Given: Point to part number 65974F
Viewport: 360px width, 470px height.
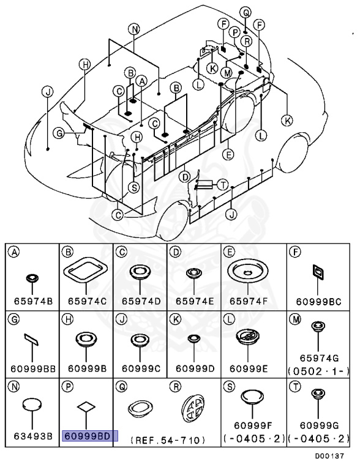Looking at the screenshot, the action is click(x=248, y=301).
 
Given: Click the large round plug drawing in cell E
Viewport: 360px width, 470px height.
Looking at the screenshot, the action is click(x=248, y=271).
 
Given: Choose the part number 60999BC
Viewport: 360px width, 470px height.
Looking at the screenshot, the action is click(x=318, y=302).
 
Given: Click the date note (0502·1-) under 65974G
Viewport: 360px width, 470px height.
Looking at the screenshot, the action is click(x=318, y=371).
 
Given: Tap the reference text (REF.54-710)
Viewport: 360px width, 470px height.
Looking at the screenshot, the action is click(x=168, y=440).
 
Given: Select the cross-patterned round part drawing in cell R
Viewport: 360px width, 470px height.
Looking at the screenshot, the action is click(x=193, y=408).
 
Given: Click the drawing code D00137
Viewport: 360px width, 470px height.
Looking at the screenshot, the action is click(x=329, y=456).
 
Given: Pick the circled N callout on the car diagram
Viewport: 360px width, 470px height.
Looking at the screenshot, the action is click(x=134, y=29).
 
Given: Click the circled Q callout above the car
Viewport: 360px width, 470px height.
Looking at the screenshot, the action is click(x=246, y=13).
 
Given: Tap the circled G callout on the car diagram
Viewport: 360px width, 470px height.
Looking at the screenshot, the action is click(x=59, y=133).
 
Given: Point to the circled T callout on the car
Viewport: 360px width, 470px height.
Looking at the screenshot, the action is click(x=223, y=185).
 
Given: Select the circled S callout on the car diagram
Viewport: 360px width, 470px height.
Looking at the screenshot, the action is click(x=134, y=188).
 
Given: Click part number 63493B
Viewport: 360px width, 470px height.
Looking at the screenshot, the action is click(x=32, y=436).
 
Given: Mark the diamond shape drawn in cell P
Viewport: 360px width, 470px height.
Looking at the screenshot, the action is click(x=86, y=407).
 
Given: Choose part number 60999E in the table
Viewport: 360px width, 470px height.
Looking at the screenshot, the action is click(x=248, y=368).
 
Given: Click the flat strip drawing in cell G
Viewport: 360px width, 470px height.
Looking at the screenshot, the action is click(x=31, y=340).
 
